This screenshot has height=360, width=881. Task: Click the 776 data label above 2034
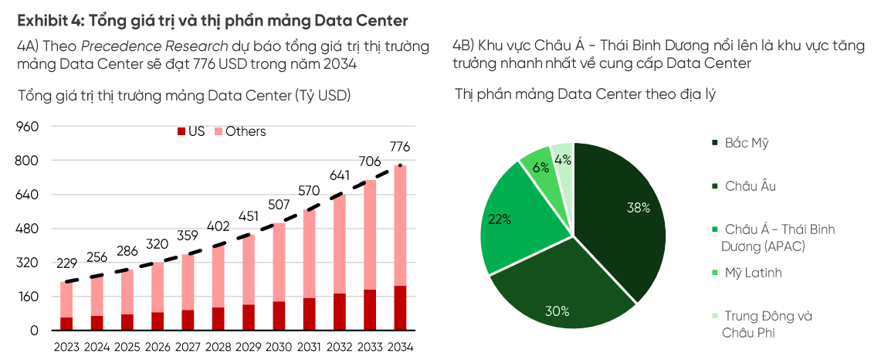coord(400,147)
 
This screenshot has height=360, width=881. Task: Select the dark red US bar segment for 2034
coord(400,307)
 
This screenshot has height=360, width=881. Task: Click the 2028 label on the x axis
coord(219,347)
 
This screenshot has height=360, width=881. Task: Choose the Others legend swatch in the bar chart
coord(219,132)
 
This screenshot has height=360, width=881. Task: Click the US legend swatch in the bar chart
coord(181,132)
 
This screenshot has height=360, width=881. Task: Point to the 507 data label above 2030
coord(279,205)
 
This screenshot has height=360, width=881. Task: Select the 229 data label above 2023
coord(66,264)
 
